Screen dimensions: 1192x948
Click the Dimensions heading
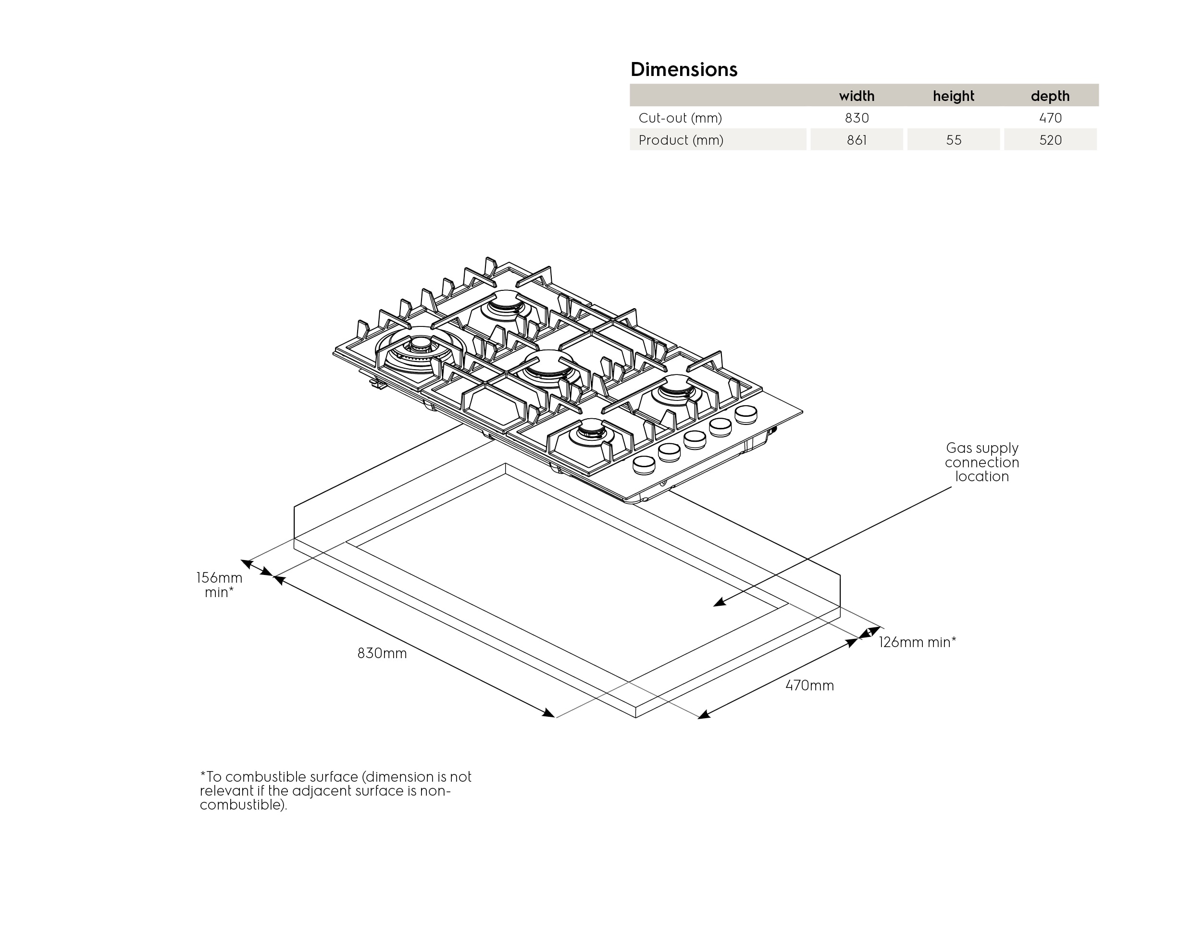click(683, 70)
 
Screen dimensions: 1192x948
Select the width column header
click(857, 96)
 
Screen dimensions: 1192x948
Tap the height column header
click(953, 96)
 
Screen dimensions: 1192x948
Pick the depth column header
click(1050, 96)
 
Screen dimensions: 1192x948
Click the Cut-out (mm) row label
click(680, 118)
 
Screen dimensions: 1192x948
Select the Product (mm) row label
click(681, 140)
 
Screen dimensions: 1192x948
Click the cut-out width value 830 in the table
click(857, 118)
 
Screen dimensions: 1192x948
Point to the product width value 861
click(857, 140)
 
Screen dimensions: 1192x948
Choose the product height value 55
click(953, 140)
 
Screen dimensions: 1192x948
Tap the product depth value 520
click(1050, 140)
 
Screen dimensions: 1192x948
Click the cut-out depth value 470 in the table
click(1050, 118)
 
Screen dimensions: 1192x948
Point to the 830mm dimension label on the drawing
click(382, 653)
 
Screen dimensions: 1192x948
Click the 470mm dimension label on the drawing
click(809, 686)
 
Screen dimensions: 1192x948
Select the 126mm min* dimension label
click(917, 642)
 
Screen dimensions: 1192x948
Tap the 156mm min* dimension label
click(220, 585)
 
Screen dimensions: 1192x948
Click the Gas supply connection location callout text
click(982, 462)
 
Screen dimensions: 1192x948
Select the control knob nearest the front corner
click(644, 465)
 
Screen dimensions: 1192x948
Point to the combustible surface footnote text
click(335, 790)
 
